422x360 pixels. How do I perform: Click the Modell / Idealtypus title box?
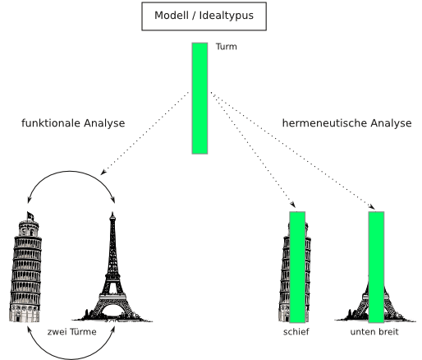[204, 16]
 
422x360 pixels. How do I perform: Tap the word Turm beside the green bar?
[227, 47]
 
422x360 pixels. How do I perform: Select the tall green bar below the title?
[200, 99]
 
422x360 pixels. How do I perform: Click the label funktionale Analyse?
[73, 123]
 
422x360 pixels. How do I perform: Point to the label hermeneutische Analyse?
[346, 123]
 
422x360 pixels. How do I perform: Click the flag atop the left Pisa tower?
[30, 216]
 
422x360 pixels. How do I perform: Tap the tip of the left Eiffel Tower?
[112, 213]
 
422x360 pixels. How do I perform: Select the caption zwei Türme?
[71, 331]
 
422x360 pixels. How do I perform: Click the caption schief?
[296, 331]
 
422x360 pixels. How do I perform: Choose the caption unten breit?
[374, 331]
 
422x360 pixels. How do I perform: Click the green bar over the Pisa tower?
[297, 267]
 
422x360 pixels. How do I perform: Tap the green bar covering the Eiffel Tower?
[376, 267]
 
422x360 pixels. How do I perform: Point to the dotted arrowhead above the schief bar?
[293, 205]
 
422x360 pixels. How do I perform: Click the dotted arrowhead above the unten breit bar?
[372, 206]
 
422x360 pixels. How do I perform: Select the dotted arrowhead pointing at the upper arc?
[103, 172]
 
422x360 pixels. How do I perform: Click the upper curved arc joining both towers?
[71, 172]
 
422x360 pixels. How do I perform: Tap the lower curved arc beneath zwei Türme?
[71, 359]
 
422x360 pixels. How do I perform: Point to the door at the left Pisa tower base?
[18, 318]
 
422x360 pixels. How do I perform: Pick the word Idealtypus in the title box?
[227, 16]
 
